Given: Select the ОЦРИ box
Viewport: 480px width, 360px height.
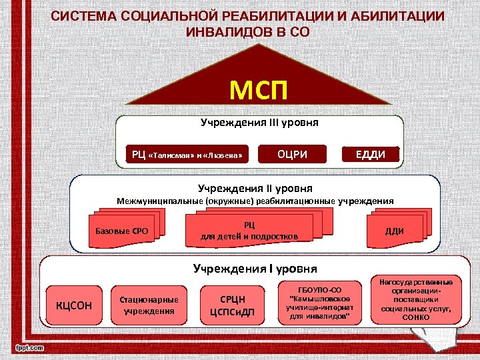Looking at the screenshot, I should tap(293, 155).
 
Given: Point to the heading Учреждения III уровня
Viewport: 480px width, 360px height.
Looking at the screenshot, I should tap(259, 123).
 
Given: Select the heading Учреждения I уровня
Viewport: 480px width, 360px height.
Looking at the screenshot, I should tap(255, 269).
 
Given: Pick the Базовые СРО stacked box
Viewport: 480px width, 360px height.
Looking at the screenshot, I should tap(122, 231).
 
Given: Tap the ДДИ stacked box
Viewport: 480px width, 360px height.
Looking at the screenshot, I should tap(395, 231).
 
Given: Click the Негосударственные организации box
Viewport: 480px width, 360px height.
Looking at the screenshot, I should tap(411, 299).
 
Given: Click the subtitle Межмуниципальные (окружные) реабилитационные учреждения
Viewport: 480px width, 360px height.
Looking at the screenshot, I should tap(255, 201).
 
